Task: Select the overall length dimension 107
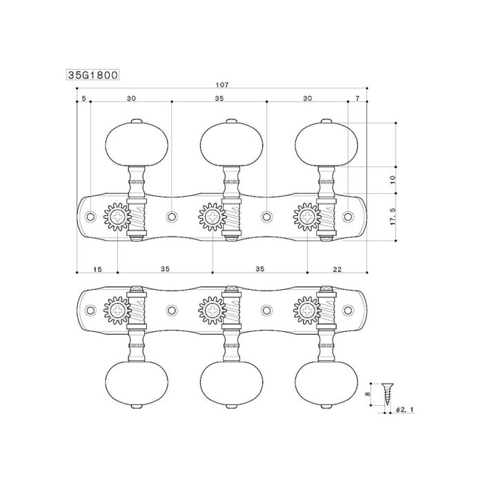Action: click(x=222, y=85)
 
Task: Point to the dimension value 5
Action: click(x=83, y=99)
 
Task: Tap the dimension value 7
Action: click(x=357, y=99)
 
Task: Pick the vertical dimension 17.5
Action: click(x=392, y=215)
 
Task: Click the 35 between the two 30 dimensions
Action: click(x=219, y=99)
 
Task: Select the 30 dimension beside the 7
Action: click(x=307, y=99)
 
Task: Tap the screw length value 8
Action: click(x=371, y=395)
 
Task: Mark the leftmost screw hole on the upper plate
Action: click(x=90, y=217)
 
